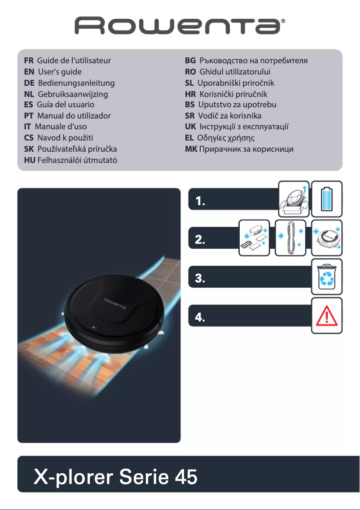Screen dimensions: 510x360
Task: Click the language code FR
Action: point(29,60)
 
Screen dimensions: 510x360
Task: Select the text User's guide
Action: point(60,71)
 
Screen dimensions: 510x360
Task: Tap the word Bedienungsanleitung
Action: point(76,83)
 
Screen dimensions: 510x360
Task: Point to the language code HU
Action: point(30,160)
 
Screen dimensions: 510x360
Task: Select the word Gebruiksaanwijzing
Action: point(73,94)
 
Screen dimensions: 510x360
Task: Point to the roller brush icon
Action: point(290,238)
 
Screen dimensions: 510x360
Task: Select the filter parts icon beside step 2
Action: point(254,238)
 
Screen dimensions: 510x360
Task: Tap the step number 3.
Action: point(200,279)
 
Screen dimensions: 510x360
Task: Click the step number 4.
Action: point(200,318)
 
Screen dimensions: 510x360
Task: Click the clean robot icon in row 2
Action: point(327,238)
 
